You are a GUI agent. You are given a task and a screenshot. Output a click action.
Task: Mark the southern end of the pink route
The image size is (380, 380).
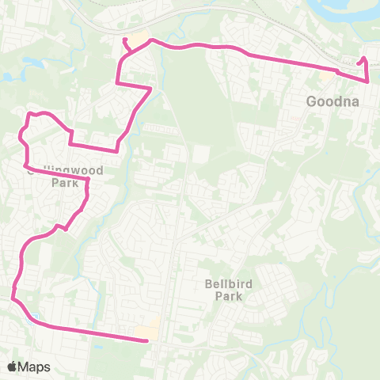pos(148,341)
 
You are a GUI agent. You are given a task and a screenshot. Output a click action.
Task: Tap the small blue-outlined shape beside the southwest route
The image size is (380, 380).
pos(34,319)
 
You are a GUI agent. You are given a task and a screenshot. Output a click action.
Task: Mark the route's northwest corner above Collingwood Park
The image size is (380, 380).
pos(31,114)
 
